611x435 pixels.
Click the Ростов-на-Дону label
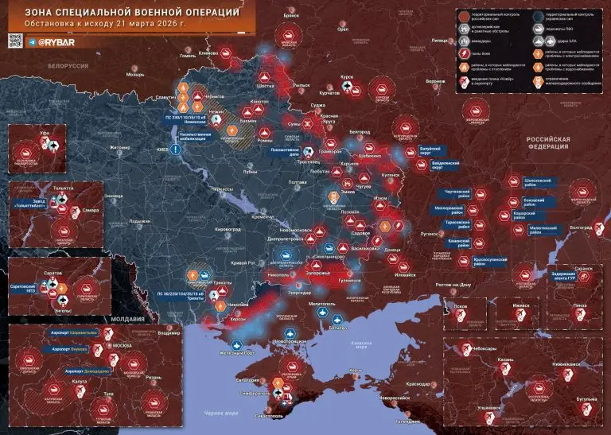pos(449,285)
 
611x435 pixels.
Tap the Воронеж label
pos(434,82)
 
